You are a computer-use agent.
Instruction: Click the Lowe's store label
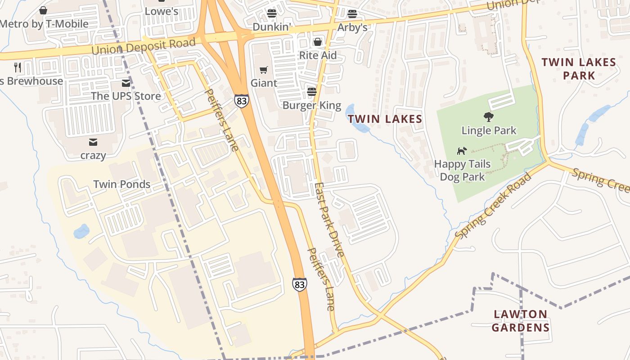[162, 11]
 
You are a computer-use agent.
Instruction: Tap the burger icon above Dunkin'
[271, 13]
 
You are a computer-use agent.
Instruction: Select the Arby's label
[352, 27]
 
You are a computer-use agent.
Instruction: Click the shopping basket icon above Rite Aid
[318, 42]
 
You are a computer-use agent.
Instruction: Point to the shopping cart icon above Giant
[264, 70]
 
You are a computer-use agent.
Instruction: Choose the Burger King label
[312, 106]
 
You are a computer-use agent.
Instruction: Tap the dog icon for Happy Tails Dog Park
[462, 151]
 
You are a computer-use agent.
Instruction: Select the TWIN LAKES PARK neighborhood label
[579, 68]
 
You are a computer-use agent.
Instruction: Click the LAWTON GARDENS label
[521, 320]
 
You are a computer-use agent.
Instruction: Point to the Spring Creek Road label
[493, 206]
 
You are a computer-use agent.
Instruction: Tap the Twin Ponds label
[121, 184]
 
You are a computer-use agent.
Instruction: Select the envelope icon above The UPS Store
[126, 83]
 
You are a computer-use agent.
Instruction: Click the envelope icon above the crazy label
[93, 143]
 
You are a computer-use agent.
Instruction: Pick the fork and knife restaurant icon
[18, 67]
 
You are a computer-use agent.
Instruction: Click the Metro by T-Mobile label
[44, 24]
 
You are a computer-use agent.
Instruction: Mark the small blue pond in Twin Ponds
[81, 231]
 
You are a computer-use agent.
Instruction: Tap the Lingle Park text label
[489, 130]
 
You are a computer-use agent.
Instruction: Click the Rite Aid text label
[318, 56]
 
